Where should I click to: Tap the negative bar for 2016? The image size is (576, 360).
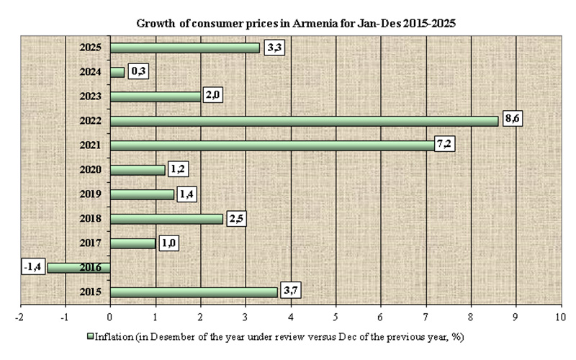point(79,268)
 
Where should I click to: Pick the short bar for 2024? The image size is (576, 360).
point(117,72)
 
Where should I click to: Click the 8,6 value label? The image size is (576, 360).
point(512,120)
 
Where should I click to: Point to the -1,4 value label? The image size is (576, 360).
point(35,267)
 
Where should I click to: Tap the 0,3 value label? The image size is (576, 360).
point(138,71)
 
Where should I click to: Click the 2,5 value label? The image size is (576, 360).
point(236,218)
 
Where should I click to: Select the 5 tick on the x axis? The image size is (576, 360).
point(336,315)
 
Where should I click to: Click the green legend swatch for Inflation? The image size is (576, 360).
point(91,336)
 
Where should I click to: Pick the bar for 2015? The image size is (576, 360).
point(194,292)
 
